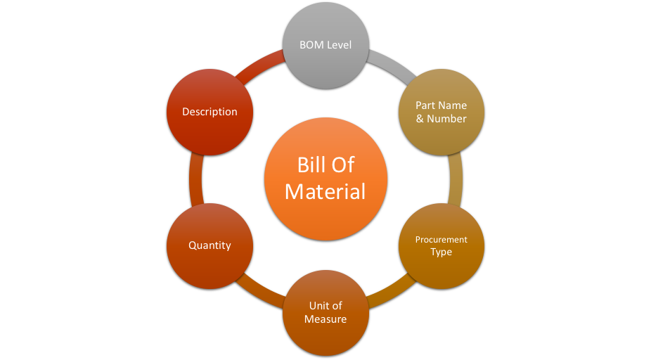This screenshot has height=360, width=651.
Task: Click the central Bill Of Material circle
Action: tap(325, 179)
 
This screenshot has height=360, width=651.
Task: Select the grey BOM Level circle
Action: tap(325, 45)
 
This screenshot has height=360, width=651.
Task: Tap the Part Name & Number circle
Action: tap(441, 112)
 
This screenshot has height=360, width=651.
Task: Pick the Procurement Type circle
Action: tap(441, 246)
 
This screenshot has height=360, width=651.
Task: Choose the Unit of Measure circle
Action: tap(325, 312)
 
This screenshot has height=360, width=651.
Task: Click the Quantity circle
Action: tap(210, 245)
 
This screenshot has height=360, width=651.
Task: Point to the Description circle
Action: tap(210, 112)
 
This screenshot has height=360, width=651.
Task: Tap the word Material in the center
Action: tap(325, 191)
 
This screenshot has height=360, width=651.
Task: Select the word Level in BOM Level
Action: tap(339, 45)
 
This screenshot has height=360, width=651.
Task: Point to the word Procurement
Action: tap(441, 240)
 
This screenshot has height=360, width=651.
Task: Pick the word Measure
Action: tap(325, 319)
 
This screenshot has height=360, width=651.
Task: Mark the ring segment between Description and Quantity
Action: tap(196, 179)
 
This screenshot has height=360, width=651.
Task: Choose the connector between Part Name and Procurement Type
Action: tap(456, 179)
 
